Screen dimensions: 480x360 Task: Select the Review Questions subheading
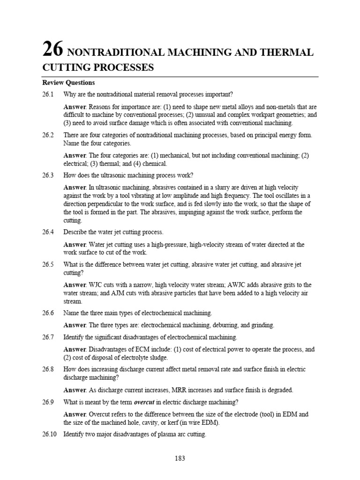point(68,82)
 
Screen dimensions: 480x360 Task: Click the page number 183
point(180,458)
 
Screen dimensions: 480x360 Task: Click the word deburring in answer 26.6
point(213,325)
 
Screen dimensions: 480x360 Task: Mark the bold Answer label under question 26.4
point(75,245)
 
